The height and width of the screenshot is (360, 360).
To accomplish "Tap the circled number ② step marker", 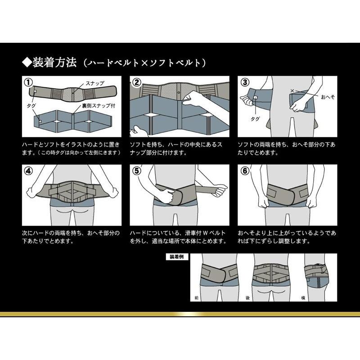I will (135, 83).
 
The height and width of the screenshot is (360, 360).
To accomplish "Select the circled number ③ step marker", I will (244, 83).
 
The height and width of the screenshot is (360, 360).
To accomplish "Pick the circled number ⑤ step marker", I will (135, 171).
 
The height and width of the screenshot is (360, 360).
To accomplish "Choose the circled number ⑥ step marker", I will (244, 171).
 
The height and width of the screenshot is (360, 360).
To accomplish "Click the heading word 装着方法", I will (55, 62).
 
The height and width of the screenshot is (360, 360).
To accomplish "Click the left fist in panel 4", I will (31, 192).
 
